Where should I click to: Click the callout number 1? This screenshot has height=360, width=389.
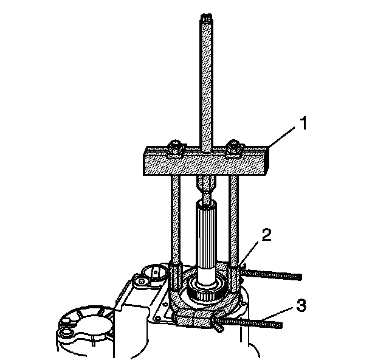(303, 123)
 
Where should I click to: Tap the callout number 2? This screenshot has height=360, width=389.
(266, 235)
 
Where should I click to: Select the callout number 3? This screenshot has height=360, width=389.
(301, 305)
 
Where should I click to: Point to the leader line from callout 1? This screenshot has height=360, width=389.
(282, 137)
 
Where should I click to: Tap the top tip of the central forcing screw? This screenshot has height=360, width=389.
(206, 15)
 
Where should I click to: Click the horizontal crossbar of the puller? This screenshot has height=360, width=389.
(206, 161)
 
